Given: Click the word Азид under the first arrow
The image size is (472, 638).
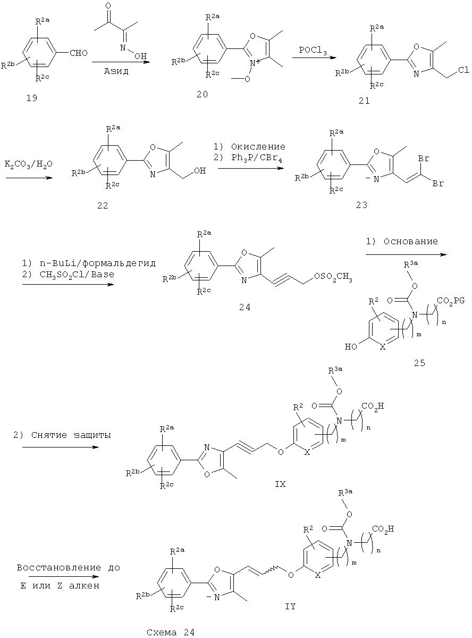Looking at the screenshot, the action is (116, 71).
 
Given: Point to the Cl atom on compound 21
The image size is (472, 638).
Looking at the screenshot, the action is (463, 70).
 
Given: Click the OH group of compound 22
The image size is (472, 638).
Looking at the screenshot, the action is (200, 171).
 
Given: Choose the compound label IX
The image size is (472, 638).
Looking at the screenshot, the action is (280, 484).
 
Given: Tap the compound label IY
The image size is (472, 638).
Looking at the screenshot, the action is (290, 607).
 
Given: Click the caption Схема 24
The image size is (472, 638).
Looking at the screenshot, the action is (171, 633).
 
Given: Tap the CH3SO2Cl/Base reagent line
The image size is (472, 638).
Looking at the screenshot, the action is (68, 275).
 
